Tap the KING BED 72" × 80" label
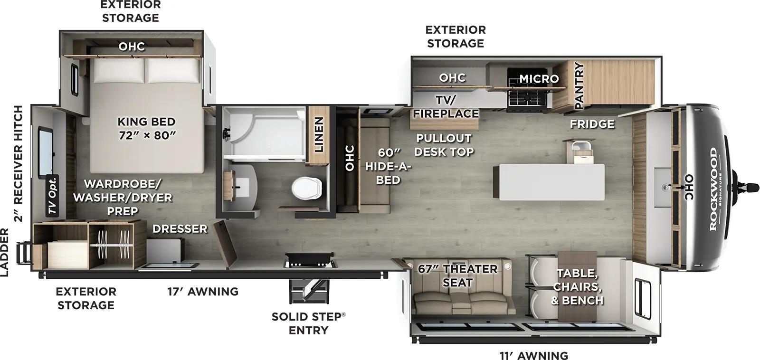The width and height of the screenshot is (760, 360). (x=146, y=128)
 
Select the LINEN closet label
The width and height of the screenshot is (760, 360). (x=319, y=135)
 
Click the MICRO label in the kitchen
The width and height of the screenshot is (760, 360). (x=539, y=78)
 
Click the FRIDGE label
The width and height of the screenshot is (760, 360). (x=592, y=124)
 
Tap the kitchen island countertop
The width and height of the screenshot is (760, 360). (x=549, y=181)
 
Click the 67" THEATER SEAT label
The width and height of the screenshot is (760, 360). (x=457, y=275)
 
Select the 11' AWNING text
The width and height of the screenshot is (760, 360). (x=533, y=355)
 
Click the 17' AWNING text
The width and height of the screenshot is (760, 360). (x=203, y=291)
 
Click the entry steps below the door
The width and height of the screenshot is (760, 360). (x=308, y=291)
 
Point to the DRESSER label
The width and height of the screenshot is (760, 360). (x=180, y=228)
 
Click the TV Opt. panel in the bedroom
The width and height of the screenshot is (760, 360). (x=53, y=196)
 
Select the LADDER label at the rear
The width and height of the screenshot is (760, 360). (x=5, y=252)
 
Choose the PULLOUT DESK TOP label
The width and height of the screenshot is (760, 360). (x=444, y=145)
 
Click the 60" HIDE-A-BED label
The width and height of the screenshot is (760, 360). (x=388, y=166)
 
